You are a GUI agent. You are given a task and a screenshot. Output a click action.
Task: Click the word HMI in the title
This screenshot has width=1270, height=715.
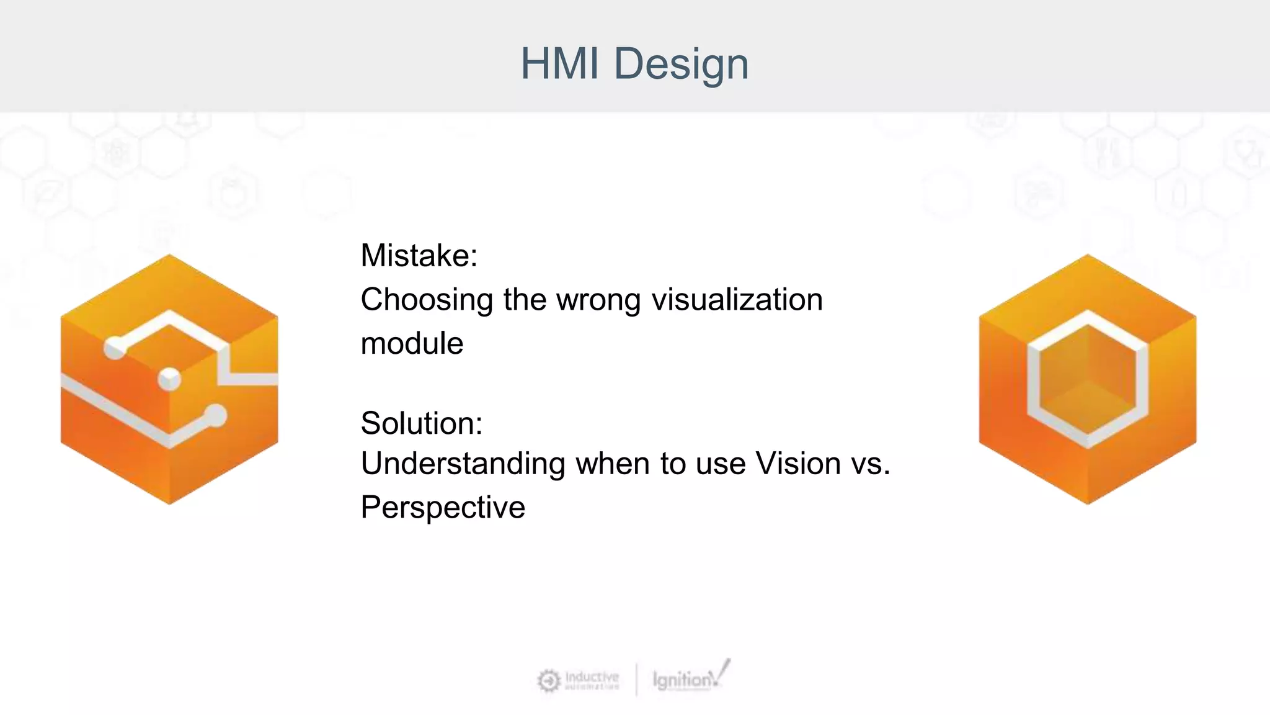point(559,64)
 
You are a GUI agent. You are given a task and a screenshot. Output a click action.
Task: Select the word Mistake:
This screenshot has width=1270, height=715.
point(419,256)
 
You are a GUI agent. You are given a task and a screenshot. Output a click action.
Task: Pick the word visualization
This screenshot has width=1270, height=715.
point(737,300)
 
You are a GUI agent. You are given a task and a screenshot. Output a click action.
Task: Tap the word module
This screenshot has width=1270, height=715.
point(412,343)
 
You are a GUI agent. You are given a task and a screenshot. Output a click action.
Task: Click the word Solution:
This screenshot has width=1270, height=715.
point(422,423)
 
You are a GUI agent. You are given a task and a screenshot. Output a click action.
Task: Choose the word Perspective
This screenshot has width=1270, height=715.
point(443,508)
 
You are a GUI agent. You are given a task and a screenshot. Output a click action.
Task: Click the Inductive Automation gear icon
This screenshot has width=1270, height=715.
point(548,681)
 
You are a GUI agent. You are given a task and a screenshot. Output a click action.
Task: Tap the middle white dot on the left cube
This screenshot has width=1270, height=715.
point(169,379)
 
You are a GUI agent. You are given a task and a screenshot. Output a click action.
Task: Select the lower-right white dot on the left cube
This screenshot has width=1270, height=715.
point(216,415)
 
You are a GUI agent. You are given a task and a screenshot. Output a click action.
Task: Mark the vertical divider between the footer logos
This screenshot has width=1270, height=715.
point(636,680)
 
